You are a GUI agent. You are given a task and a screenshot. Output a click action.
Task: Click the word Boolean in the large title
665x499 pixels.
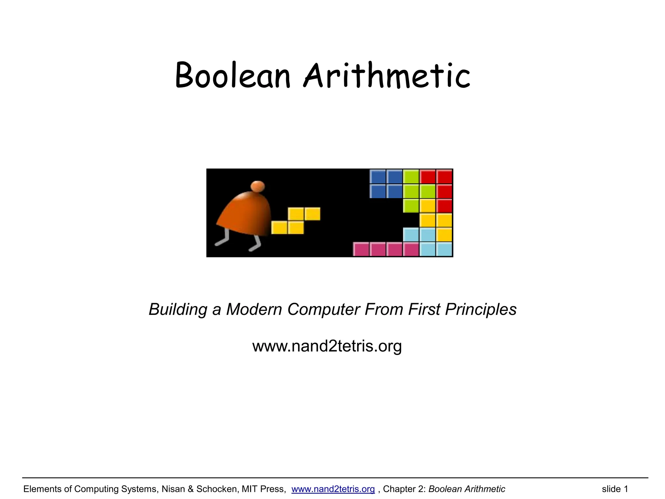pyautogui.click(x=232, y=75)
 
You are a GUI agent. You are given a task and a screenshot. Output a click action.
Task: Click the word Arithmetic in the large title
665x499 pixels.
pyautogui.click(x=386, y=75)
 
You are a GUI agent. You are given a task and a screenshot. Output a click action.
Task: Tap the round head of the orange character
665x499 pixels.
pyautogui.click(x=257, y=187)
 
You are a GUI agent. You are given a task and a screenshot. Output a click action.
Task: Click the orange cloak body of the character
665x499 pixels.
pyautogui.click(x=247, y=214)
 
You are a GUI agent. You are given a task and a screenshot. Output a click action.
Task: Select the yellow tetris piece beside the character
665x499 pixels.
pyautogui.click(x=295, y=221)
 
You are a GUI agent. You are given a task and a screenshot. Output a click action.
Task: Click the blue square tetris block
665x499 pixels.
pyautogui.click(x=386, y=184)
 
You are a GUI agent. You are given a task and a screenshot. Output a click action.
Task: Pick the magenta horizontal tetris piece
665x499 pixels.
pyautogui.click(x=386, y=249)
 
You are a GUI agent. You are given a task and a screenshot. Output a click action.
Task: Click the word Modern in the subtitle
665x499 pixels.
pyautogui.click(x=254, y=309)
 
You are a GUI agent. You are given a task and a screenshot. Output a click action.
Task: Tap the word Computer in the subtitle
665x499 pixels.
pyautogui.click(x=324, y=309)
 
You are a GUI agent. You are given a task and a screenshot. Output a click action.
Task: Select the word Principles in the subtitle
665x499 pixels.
pyautogui.click(x=481, y=309)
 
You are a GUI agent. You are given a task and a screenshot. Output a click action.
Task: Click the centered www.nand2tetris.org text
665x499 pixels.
pyautogui.click(x=327, y=346)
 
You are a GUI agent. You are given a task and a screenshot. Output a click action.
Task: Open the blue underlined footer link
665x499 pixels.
pyautogui.click(x=333, y=489)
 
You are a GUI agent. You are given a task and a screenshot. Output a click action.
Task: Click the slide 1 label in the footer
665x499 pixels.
pyautogui.click(x=615, y=489)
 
